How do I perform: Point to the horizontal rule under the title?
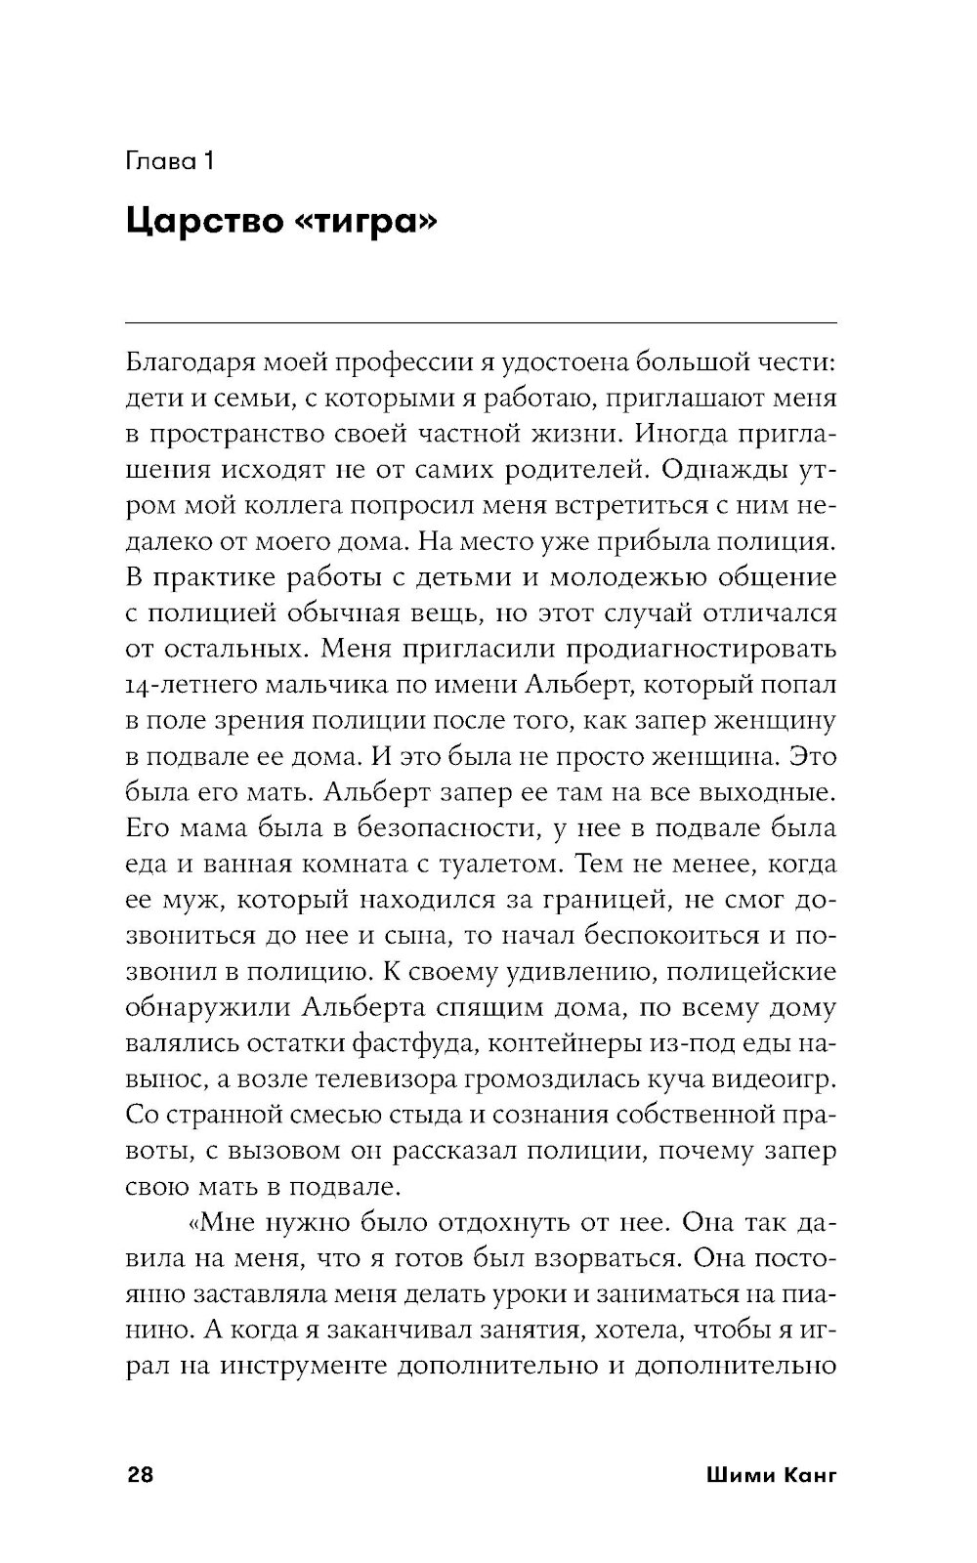pos(482,322)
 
